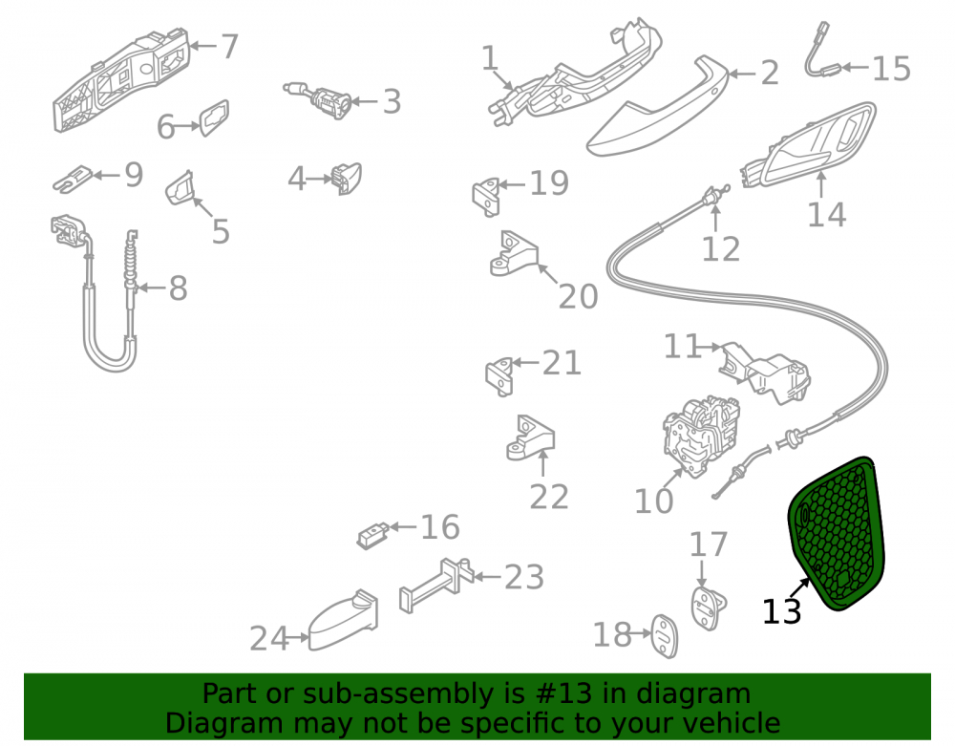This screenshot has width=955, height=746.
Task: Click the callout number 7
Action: tap(229, 46)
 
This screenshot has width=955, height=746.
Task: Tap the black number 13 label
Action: tap(781, 610)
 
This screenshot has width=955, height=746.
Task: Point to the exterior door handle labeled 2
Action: tap(657, 107)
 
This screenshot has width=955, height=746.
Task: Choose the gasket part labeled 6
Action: tap(214, 118)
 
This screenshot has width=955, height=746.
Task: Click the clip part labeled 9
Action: tap(72, 179)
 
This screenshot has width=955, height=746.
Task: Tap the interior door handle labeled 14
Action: tap(810, 146)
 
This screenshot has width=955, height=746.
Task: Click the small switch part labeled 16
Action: tap(372, 535)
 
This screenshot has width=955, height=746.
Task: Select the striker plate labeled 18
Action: tap(665, 636)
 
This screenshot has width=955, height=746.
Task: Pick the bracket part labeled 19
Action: tap(487, 197)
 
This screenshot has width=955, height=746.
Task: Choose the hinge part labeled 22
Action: tap(530, 438)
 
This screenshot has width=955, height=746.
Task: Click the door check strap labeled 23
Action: tap(436, 584)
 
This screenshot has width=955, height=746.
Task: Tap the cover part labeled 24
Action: tap(343, 621)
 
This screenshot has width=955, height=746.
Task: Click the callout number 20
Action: tap(578, 296)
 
